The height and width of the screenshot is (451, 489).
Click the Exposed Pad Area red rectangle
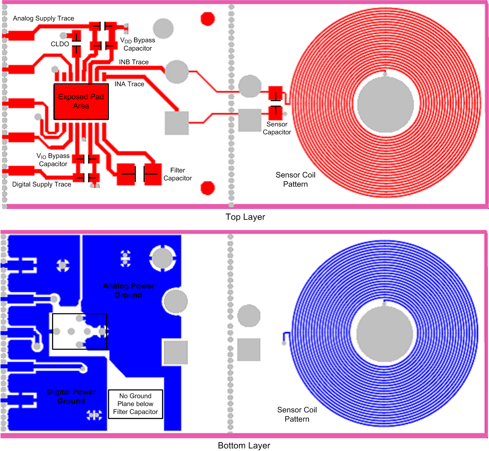pos(81,102)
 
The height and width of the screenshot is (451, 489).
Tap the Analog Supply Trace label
pos(44,18)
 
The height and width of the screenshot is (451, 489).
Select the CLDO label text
pos(60,44)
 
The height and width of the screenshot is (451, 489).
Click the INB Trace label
pos(134,62)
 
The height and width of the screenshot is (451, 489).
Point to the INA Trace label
pos(129,84)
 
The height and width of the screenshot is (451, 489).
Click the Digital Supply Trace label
pos(41,184)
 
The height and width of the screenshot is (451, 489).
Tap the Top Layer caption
pos(245,217)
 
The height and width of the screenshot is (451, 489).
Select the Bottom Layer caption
pos(244,445)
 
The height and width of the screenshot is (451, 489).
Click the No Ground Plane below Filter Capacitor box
pos(135,404)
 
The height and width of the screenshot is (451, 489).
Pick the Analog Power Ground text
pos(128,290)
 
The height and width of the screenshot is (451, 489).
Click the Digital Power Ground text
pos(71,396)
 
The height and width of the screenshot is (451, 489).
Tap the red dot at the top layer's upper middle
pos(207,19)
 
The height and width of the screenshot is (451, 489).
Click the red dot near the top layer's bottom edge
pos(207,188)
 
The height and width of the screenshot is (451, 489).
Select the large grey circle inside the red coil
pos(385,104)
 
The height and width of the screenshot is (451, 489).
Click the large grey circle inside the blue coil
pos(385,334)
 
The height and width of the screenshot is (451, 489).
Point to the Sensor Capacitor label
pos(277,128)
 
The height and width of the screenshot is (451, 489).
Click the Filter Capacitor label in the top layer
pos(177,174)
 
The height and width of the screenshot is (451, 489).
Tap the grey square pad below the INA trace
pos(177,123)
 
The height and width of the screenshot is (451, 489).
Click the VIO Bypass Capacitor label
pos(53,160)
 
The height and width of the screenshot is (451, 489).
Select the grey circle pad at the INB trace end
pos(177,72)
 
